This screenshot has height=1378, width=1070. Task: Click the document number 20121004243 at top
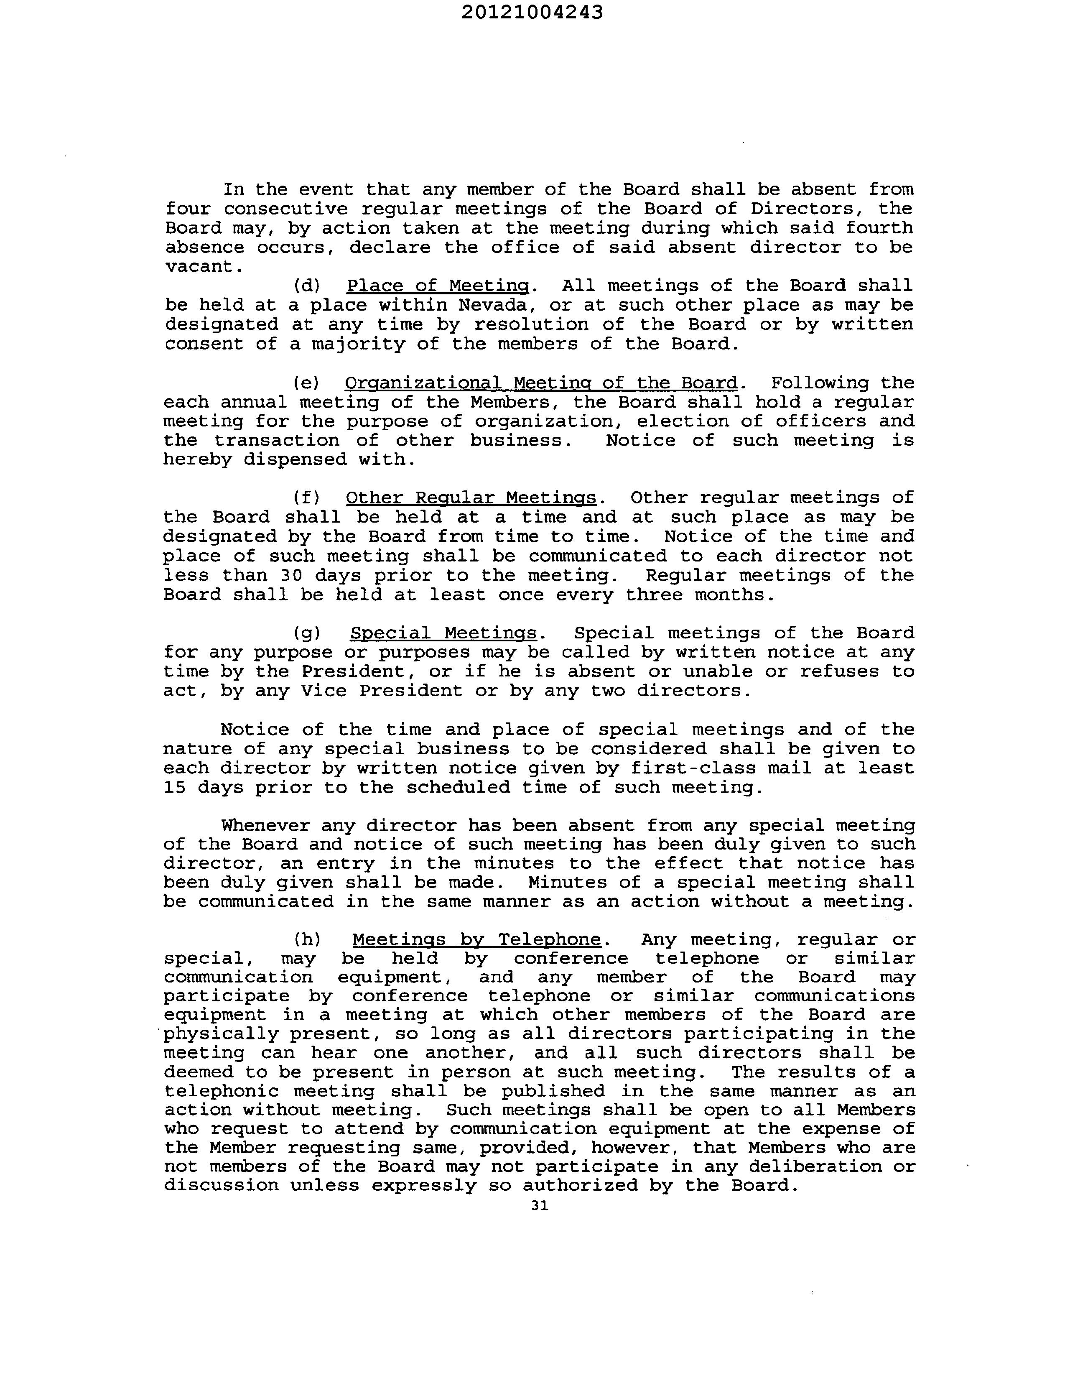pos(532,12)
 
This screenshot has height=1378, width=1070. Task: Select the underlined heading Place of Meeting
pos(438,286)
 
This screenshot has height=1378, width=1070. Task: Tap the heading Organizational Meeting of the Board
pos(541,383)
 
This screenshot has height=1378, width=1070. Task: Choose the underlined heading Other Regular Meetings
pos(471,498)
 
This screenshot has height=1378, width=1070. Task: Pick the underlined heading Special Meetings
pos(443,633)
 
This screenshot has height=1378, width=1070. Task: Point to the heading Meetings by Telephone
pos(476,939)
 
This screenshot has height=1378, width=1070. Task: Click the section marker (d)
pos(307,286)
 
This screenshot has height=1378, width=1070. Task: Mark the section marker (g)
pos(307,633)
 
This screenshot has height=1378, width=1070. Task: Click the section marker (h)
pos(307,939)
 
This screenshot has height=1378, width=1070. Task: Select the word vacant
pos(203,266)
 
